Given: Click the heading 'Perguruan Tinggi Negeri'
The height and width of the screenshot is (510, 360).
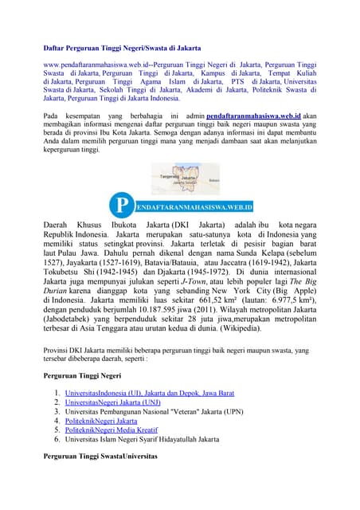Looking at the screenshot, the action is (x=83, y=375).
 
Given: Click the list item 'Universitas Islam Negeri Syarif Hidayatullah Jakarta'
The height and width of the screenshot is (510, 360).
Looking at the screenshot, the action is (x=142, y=438).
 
